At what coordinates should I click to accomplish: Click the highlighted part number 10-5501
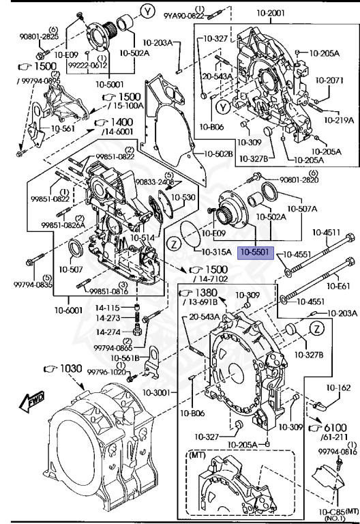click(x=255, y=252)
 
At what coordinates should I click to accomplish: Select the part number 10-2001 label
click(x=271, y=13)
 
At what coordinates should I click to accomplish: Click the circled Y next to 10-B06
click(x=222, y=108)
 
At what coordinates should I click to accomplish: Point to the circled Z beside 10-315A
click(x=174, y=244)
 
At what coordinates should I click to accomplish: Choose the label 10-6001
click(x=68, y=311)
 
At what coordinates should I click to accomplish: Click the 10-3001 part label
click(x=157, y=393)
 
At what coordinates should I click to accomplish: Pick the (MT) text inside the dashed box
click(x=198, y=455)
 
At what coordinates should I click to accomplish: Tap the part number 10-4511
click(x=327, y=232)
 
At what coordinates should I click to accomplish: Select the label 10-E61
click(x=338, y=286)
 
